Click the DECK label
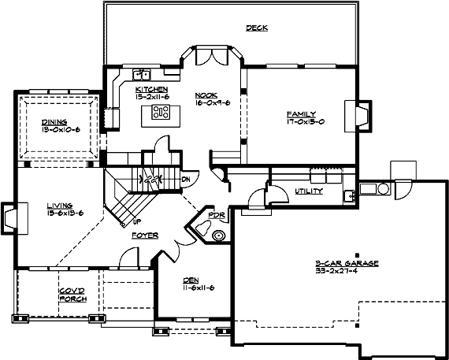pyautogui.click(x=256, y=28)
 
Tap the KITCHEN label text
pyautogui.click(x=151, y=90)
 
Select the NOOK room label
pyautogui.click(x=206, y=95)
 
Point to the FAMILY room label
pyautogui.click(x=301, y=114)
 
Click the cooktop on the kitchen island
pyautogui.click(x=161, y=111)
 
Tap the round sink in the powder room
pyautogui.click(x=218, y=234)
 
